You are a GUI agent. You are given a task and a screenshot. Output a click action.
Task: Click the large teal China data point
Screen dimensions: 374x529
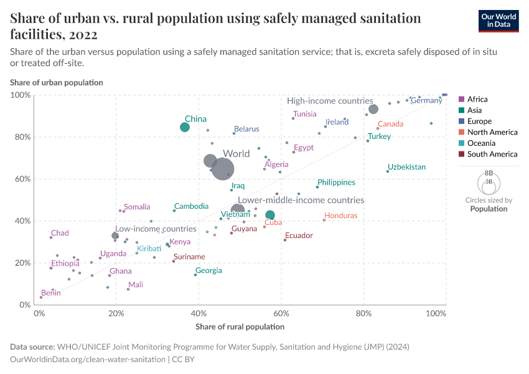[185, 127]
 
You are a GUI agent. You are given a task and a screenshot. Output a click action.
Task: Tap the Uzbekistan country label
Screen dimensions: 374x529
[406, 167]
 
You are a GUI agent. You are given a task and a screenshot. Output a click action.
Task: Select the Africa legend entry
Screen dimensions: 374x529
[477, 99]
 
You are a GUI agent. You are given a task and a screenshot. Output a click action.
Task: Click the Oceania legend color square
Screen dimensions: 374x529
[461, 143]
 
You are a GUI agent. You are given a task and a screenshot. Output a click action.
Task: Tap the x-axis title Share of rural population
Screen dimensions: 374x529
[240, 327]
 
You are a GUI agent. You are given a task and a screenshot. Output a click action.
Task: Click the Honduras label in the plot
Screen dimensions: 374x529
[340, 216]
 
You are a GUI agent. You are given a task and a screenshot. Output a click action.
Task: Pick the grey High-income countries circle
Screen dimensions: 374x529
[373, 109]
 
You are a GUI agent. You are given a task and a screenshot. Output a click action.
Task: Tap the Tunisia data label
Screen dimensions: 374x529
[305, 114]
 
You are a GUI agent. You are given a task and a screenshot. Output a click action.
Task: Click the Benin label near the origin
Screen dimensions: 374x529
[51, 292]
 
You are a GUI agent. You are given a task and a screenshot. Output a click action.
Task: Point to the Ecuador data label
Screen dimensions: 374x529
[298, 236]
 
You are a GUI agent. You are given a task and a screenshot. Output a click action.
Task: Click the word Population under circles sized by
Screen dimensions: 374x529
[489, 209]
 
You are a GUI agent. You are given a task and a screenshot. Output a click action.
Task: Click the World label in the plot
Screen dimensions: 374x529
[236, 153]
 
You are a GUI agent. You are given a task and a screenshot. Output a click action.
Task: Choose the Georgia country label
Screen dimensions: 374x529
[208, 271]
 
